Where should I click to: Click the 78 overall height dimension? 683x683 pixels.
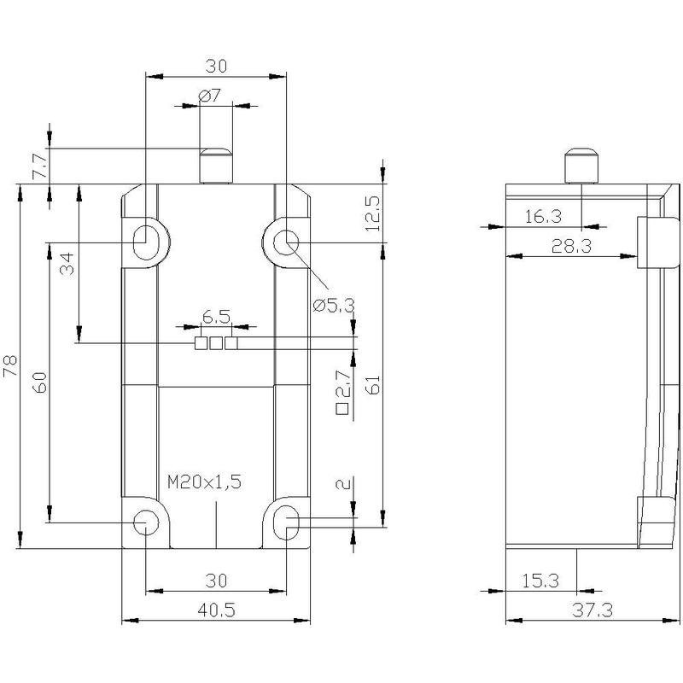tap(9, 365)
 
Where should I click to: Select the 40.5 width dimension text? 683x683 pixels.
tap(216, 610)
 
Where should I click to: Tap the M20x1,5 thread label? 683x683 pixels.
tap(204, 482)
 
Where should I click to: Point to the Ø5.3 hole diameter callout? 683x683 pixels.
tap(334, 306)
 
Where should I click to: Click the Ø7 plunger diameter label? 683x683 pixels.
tap(209, 95)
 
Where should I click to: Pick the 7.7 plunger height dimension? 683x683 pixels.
tap(40, 166)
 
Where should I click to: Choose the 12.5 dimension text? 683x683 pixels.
tap(373, 214)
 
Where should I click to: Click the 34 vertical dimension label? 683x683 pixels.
tap(67, 263)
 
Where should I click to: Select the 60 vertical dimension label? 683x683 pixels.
tap(40, 382)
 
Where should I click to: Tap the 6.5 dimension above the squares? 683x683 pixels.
tap(216, 317)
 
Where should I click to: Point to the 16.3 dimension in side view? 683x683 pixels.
tap(543, 217)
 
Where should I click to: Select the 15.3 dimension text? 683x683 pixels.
tap(540, 581)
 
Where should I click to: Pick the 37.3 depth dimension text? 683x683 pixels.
tap(593, 610)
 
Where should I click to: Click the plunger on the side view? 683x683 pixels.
tap(581, 166)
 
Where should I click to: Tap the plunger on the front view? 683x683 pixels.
tap(216, 166)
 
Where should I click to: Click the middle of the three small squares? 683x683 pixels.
tap(216, 343)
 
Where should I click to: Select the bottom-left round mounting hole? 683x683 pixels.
tap(145, 522)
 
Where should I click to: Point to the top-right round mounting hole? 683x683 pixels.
tap(286, 242)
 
